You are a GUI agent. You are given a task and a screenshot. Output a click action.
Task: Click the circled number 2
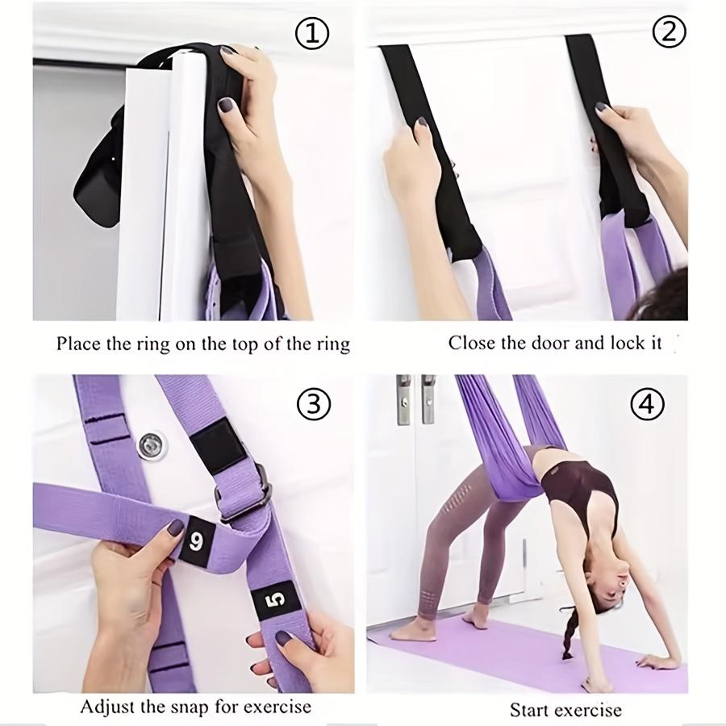[668, 32]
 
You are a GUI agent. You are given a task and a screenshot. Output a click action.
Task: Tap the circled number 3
[313, 405]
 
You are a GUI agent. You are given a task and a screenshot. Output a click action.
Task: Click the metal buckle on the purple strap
[244, 494]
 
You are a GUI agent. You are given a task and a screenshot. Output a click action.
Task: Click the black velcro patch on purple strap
[214, 444]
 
